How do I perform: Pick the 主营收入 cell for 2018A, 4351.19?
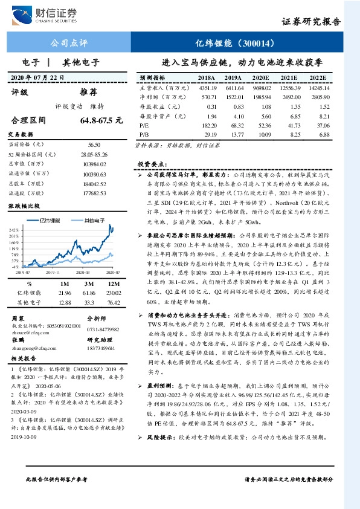(207, 87)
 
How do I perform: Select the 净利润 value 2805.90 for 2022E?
(317, 97)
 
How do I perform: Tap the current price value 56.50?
(94, 145)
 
